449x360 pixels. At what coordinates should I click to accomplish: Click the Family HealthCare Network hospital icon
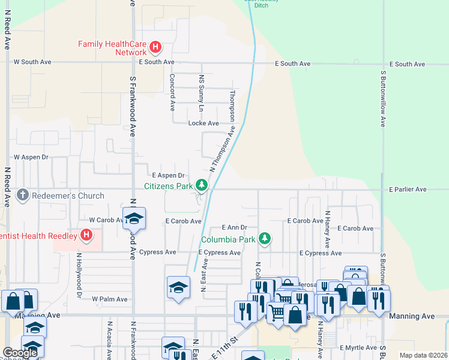[155, 46]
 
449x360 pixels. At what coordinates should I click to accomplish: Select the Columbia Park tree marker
[265, 239]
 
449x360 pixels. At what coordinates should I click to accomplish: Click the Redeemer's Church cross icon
[22, 195]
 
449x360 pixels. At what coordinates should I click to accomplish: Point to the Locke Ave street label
[203, 123]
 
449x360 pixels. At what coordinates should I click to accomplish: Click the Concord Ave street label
[172, 92]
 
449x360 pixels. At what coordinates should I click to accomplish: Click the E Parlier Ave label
[408, 190]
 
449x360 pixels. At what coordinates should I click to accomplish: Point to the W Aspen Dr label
[31, 157]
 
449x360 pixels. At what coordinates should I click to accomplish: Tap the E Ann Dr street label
[234, 227]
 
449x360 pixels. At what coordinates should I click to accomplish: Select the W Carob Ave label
[107, 220]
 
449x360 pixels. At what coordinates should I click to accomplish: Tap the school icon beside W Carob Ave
[134, 218]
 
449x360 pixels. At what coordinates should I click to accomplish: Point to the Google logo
[20, 353]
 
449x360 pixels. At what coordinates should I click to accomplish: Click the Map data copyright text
[423, 355]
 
